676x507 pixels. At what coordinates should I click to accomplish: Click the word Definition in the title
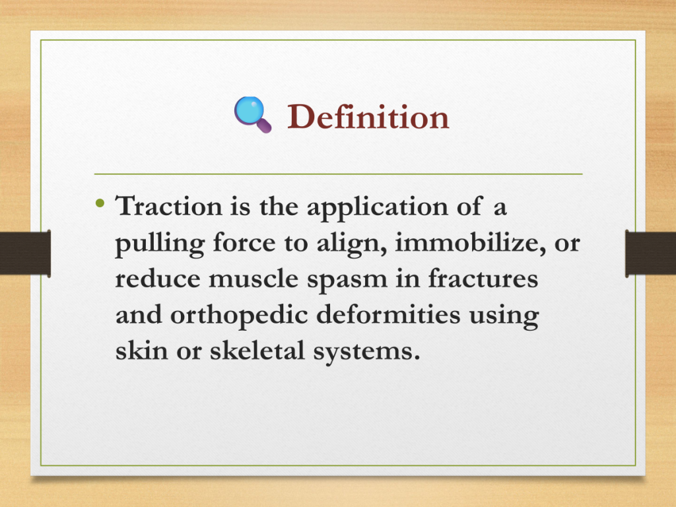[368, 117]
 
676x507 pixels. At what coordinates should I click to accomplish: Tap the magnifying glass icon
[253, 114]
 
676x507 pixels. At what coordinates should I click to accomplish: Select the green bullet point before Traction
[100, 203]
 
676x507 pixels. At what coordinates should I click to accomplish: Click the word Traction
[168, 206]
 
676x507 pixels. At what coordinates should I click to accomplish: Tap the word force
[244, 242]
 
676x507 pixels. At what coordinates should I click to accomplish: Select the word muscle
[253, 279]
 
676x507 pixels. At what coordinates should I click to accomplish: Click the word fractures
[483, 278]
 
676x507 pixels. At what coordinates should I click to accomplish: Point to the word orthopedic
[239, 316]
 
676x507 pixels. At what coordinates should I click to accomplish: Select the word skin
[141, 350]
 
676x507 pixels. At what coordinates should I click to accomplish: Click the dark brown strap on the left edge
[26, 253]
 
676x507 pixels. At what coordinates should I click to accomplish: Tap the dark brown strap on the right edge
[650, 253]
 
